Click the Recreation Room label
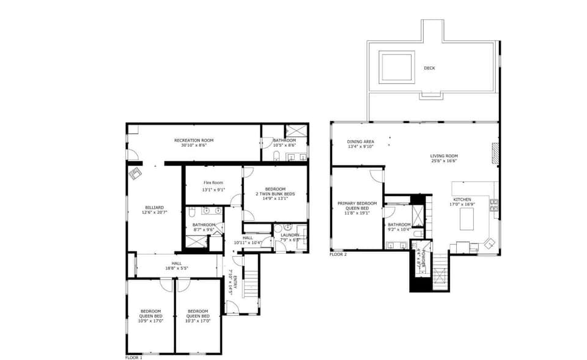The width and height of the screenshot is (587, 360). pyautogui.click(x=194, y=141)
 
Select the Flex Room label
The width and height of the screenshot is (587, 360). pyautogui.click(x=213, y=182)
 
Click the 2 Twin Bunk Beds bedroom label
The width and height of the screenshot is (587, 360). pyautogui.click(x=275, y=191)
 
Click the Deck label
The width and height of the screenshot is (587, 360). pyautogui.click(x=429, y=68)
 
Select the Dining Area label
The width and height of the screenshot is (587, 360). pyautogui.click(x=361, y=141)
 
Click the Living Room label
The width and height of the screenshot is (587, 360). pyautogui.click(x=444, y=156)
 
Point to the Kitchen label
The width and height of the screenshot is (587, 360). pyautogui.click(x=462, y=200)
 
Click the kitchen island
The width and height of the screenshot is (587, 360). pyautogui.click(x=467, y=219)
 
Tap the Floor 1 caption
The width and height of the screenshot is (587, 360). pyautogui.click(x=134, y=358)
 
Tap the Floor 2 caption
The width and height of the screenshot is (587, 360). pyautogui.click(x=338, y=254)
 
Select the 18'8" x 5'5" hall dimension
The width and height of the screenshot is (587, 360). pyautogui.click(x=177, y=268)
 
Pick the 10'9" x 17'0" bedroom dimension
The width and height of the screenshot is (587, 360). pyautogui.click(x=150, y=320)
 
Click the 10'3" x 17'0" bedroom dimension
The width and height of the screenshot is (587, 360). pyautogui.click(x=198, y=320)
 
